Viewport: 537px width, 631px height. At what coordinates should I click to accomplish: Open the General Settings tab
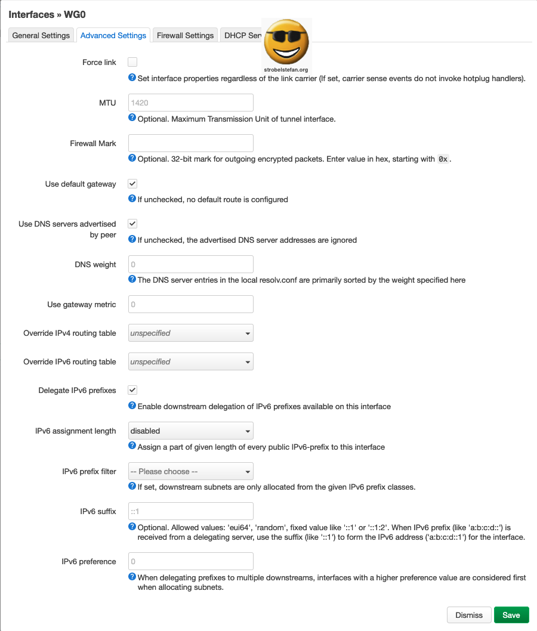[x=41, y=35]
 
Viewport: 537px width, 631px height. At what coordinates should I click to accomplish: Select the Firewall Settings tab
[x=185, y=35]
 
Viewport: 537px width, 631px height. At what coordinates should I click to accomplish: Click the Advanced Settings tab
[x=113, y=35]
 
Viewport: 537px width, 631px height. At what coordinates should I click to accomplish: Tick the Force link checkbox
[x=132, y=62]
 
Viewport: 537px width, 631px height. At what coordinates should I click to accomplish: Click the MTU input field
[x=191, y=103]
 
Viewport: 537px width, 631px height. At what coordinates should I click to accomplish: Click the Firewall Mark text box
[x=191, y=143]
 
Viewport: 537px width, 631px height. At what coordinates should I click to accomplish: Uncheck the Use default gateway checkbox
[x=132, y=184]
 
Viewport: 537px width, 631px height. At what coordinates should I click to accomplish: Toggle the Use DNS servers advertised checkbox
[x=132, y=224]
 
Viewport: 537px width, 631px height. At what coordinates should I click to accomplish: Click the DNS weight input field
[x=191, y=264]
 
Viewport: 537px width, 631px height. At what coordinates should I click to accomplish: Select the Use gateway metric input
[x=191, y=304]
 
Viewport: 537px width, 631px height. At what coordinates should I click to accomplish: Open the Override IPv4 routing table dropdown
[x=191, y=333]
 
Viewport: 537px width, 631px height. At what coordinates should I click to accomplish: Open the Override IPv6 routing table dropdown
[x=191, y=361]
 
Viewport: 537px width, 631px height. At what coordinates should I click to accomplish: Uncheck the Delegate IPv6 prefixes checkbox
[x=132, y=390]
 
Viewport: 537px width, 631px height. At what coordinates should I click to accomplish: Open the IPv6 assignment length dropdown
[x=191, y=431]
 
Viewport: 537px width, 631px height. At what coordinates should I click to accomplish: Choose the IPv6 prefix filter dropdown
[x=191, y=471]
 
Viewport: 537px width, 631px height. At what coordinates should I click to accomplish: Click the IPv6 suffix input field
[x=191, y=511]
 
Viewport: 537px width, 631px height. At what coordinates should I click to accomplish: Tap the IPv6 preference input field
[x=191, y=561]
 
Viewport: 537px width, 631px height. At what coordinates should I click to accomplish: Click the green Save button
[x=511, y=615]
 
